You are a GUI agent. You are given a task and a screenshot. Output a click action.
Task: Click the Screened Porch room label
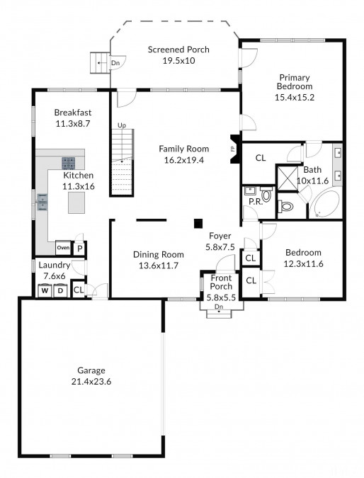click(178, 50)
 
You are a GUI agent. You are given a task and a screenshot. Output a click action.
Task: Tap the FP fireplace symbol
click(234, 149)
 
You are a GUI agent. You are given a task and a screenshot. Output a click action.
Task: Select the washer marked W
click(45, 290)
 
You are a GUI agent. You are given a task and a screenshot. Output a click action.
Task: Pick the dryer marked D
click(60, 290)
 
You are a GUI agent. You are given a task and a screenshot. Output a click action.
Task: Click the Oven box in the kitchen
click(63, 248)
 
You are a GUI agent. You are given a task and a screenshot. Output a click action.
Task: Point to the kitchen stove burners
click(68, 163)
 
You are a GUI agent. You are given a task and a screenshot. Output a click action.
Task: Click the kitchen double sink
click(42, 202)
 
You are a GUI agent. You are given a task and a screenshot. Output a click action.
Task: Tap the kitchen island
click(76, 203)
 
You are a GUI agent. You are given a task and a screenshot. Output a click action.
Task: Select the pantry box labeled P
click(80, 249)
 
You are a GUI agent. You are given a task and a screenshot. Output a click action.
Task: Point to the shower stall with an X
click(287, 177)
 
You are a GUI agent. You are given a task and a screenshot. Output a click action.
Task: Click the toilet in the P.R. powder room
click(266, 195)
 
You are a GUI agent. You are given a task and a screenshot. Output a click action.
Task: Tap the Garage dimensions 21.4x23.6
click(91, 382)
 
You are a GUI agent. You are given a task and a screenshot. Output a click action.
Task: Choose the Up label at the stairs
click(122, 125)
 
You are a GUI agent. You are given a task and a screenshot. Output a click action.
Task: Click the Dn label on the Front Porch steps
click(219, 307)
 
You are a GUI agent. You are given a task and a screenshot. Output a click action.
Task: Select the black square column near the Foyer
click(198, 224)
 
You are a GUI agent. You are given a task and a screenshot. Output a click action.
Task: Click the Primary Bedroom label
click(295, 81)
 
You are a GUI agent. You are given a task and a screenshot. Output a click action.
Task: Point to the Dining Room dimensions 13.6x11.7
click(159, 266)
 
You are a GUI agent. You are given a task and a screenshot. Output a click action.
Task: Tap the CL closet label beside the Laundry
click(79, 290)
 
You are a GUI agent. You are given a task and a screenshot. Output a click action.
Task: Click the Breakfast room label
click(73, 112)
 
